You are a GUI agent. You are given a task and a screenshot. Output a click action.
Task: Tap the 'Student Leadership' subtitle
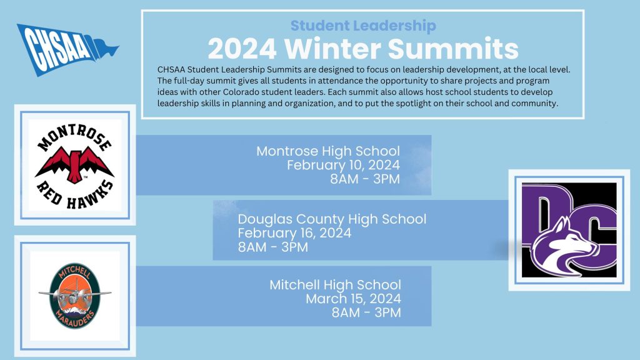tap(363, 26)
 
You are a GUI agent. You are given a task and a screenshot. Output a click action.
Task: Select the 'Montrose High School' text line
tap(328, 151)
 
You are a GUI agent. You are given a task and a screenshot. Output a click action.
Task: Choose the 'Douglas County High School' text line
tap(332, 219)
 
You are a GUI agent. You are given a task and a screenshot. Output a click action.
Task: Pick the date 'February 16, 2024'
tap(294, 233)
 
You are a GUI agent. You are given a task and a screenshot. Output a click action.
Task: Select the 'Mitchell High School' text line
tap(335, 285)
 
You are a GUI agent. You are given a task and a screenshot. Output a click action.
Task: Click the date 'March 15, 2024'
tap(353, 299)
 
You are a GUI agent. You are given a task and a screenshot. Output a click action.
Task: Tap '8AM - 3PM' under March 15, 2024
tap(366, 312)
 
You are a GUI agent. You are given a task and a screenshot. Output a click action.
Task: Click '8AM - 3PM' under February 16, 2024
tap(273, 247)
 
